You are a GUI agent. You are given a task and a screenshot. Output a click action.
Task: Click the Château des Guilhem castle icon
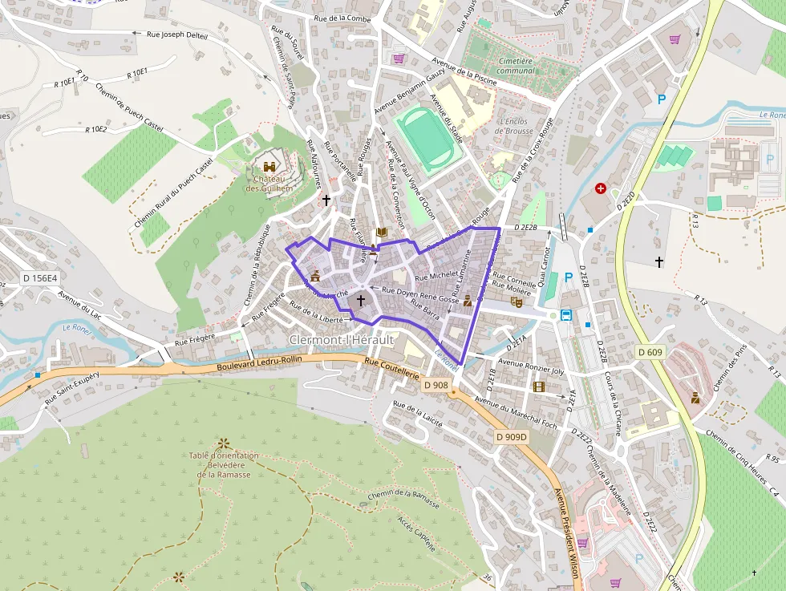269,166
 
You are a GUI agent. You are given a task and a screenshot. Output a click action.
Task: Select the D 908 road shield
436,385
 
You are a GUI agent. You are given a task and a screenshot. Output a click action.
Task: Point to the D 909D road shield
511,437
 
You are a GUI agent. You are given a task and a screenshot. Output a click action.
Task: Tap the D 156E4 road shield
40,278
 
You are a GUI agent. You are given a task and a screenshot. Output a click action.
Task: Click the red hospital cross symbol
601,188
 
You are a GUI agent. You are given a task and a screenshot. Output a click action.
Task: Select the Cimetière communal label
516,66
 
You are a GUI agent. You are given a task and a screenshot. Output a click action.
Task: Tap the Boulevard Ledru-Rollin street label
259,363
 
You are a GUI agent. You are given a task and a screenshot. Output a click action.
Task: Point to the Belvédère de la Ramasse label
225,465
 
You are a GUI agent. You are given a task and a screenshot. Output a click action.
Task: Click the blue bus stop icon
566,314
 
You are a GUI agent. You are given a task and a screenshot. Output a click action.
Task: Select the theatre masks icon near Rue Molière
516,302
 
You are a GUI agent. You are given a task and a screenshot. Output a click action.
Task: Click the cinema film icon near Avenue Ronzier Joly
539,387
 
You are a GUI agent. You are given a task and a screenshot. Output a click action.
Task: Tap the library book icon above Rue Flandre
382,233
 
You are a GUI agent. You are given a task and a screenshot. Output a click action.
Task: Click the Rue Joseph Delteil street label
177,34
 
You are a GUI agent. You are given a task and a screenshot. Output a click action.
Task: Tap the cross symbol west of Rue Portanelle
326,199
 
